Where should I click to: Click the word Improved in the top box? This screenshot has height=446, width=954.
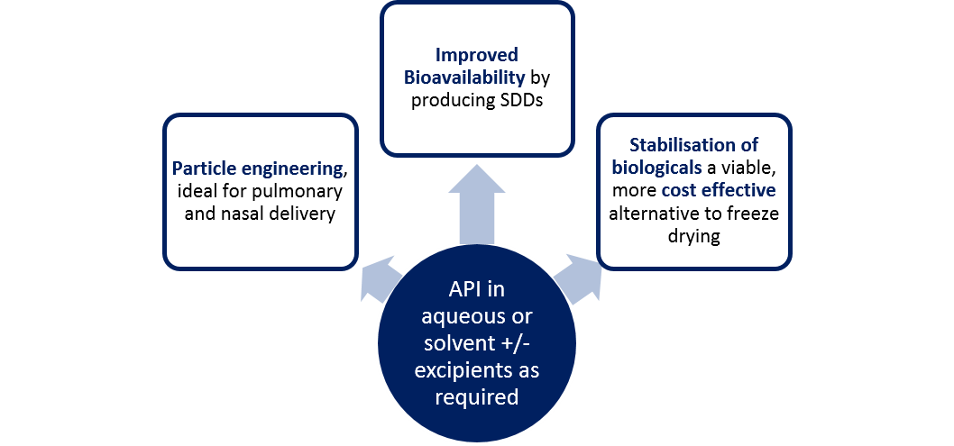[x=476, y=56]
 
